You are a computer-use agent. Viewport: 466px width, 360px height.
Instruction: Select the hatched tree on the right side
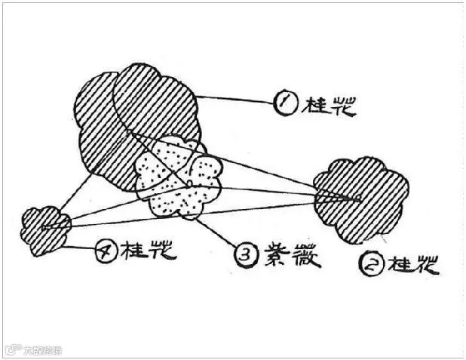click(361, 198)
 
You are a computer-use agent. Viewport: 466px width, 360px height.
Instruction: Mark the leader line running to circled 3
click(223, 234)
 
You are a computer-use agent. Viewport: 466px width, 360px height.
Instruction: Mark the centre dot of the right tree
click(359, 198)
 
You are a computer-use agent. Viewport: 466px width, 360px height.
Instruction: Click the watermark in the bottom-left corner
click(33, 350)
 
